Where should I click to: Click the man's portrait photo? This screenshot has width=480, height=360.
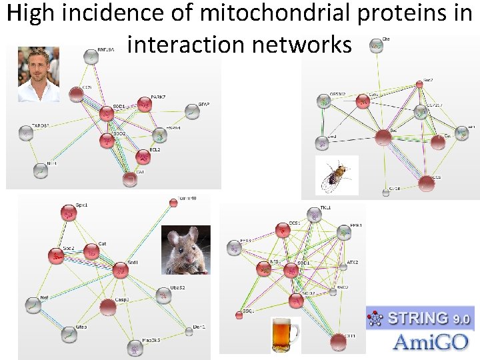click(x=38, y=74)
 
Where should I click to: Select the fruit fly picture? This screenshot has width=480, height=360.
click(x=337, y=175)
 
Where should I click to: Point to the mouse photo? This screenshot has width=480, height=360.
click(x=185, y=250)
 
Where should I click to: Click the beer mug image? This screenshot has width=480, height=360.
click(x=285, y=334)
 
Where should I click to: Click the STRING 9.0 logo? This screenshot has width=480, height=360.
click(x=421, y=319)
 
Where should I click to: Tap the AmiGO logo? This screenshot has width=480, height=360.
click(x=421, y=342)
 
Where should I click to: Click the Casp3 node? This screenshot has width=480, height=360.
click(x=107, y=307)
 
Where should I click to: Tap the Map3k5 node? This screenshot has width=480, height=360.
click(x=136, y=347)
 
